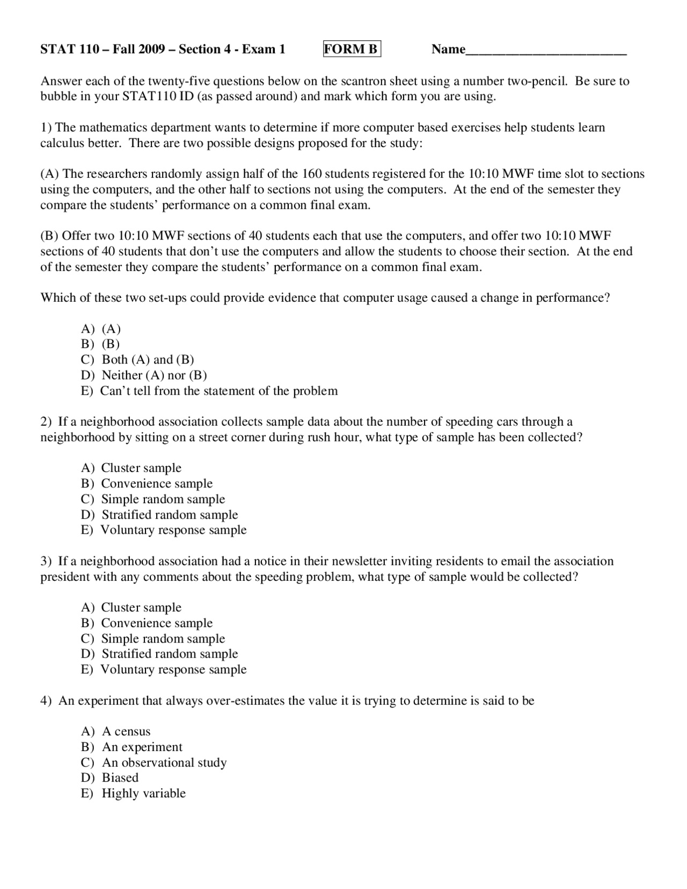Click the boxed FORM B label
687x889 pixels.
tap(352, 49)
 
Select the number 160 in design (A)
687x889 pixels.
tap(312, 174)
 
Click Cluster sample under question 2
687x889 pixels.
tap(141, 468)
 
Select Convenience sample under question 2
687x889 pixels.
tap(157, 484)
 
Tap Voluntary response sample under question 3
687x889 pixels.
tap(173, 669)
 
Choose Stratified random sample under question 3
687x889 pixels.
tap(170, 654)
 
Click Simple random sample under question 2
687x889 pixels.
tap(163, 499)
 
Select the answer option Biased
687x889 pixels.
tap(120, 778)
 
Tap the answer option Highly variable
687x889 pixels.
tap(144, 793)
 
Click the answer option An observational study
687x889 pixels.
tap(164, 763)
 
